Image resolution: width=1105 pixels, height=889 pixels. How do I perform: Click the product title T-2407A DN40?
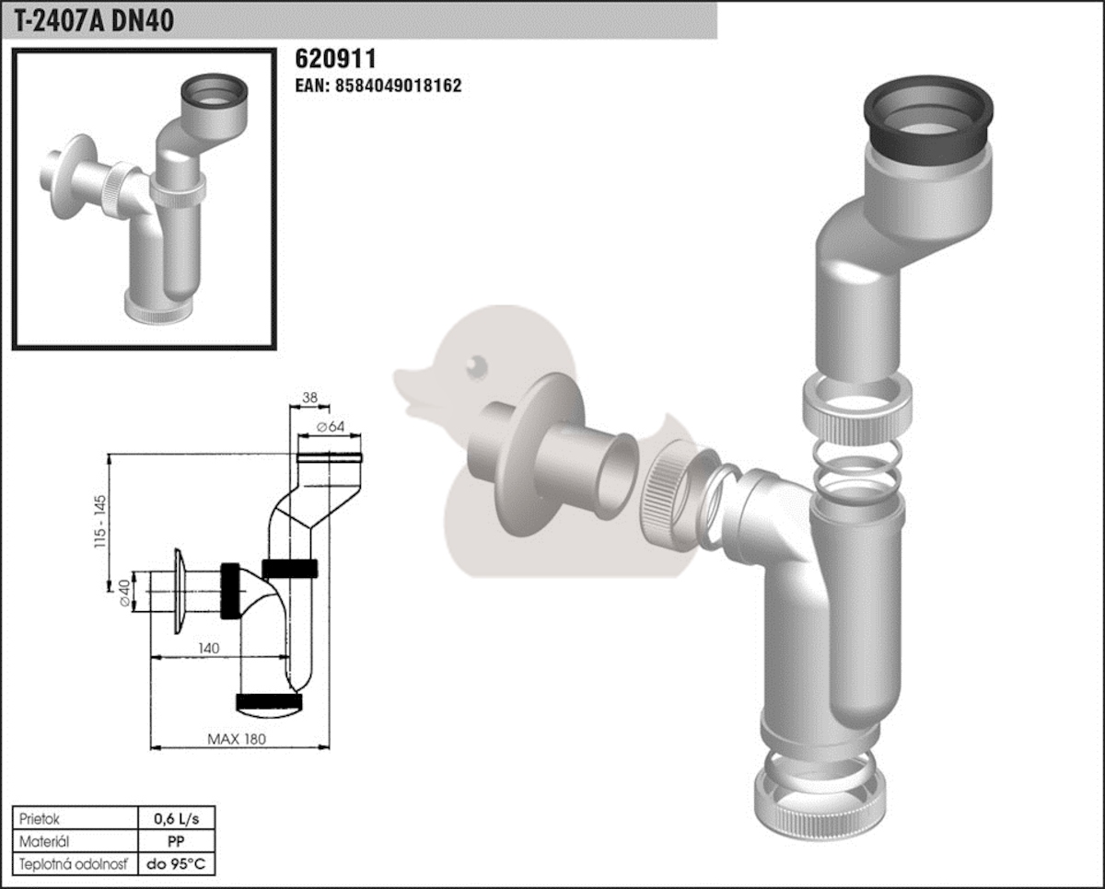coord(94,21)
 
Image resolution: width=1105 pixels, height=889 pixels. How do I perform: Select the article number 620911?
coord(335,59)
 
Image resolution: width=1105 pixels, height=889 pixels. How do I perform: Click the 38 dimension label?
coord(309,398)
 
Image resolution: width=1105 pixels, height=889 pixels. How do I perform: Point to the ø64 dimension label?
coord(331,426)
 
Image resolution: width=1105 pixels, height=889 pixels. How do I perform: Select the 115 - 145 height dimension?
coord(100,521)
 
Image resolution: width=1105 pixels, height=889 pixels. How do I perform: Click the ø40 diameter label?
coord(125,593)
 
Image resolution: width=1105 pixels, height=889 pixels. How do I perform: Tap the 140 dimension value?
coord(208,648)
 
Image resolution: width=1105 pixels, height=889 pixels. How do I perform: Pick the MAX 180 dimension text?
coord(237,739)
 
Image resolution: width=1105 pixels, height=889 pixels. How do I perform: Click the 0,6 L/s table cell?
coord(176,819)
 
